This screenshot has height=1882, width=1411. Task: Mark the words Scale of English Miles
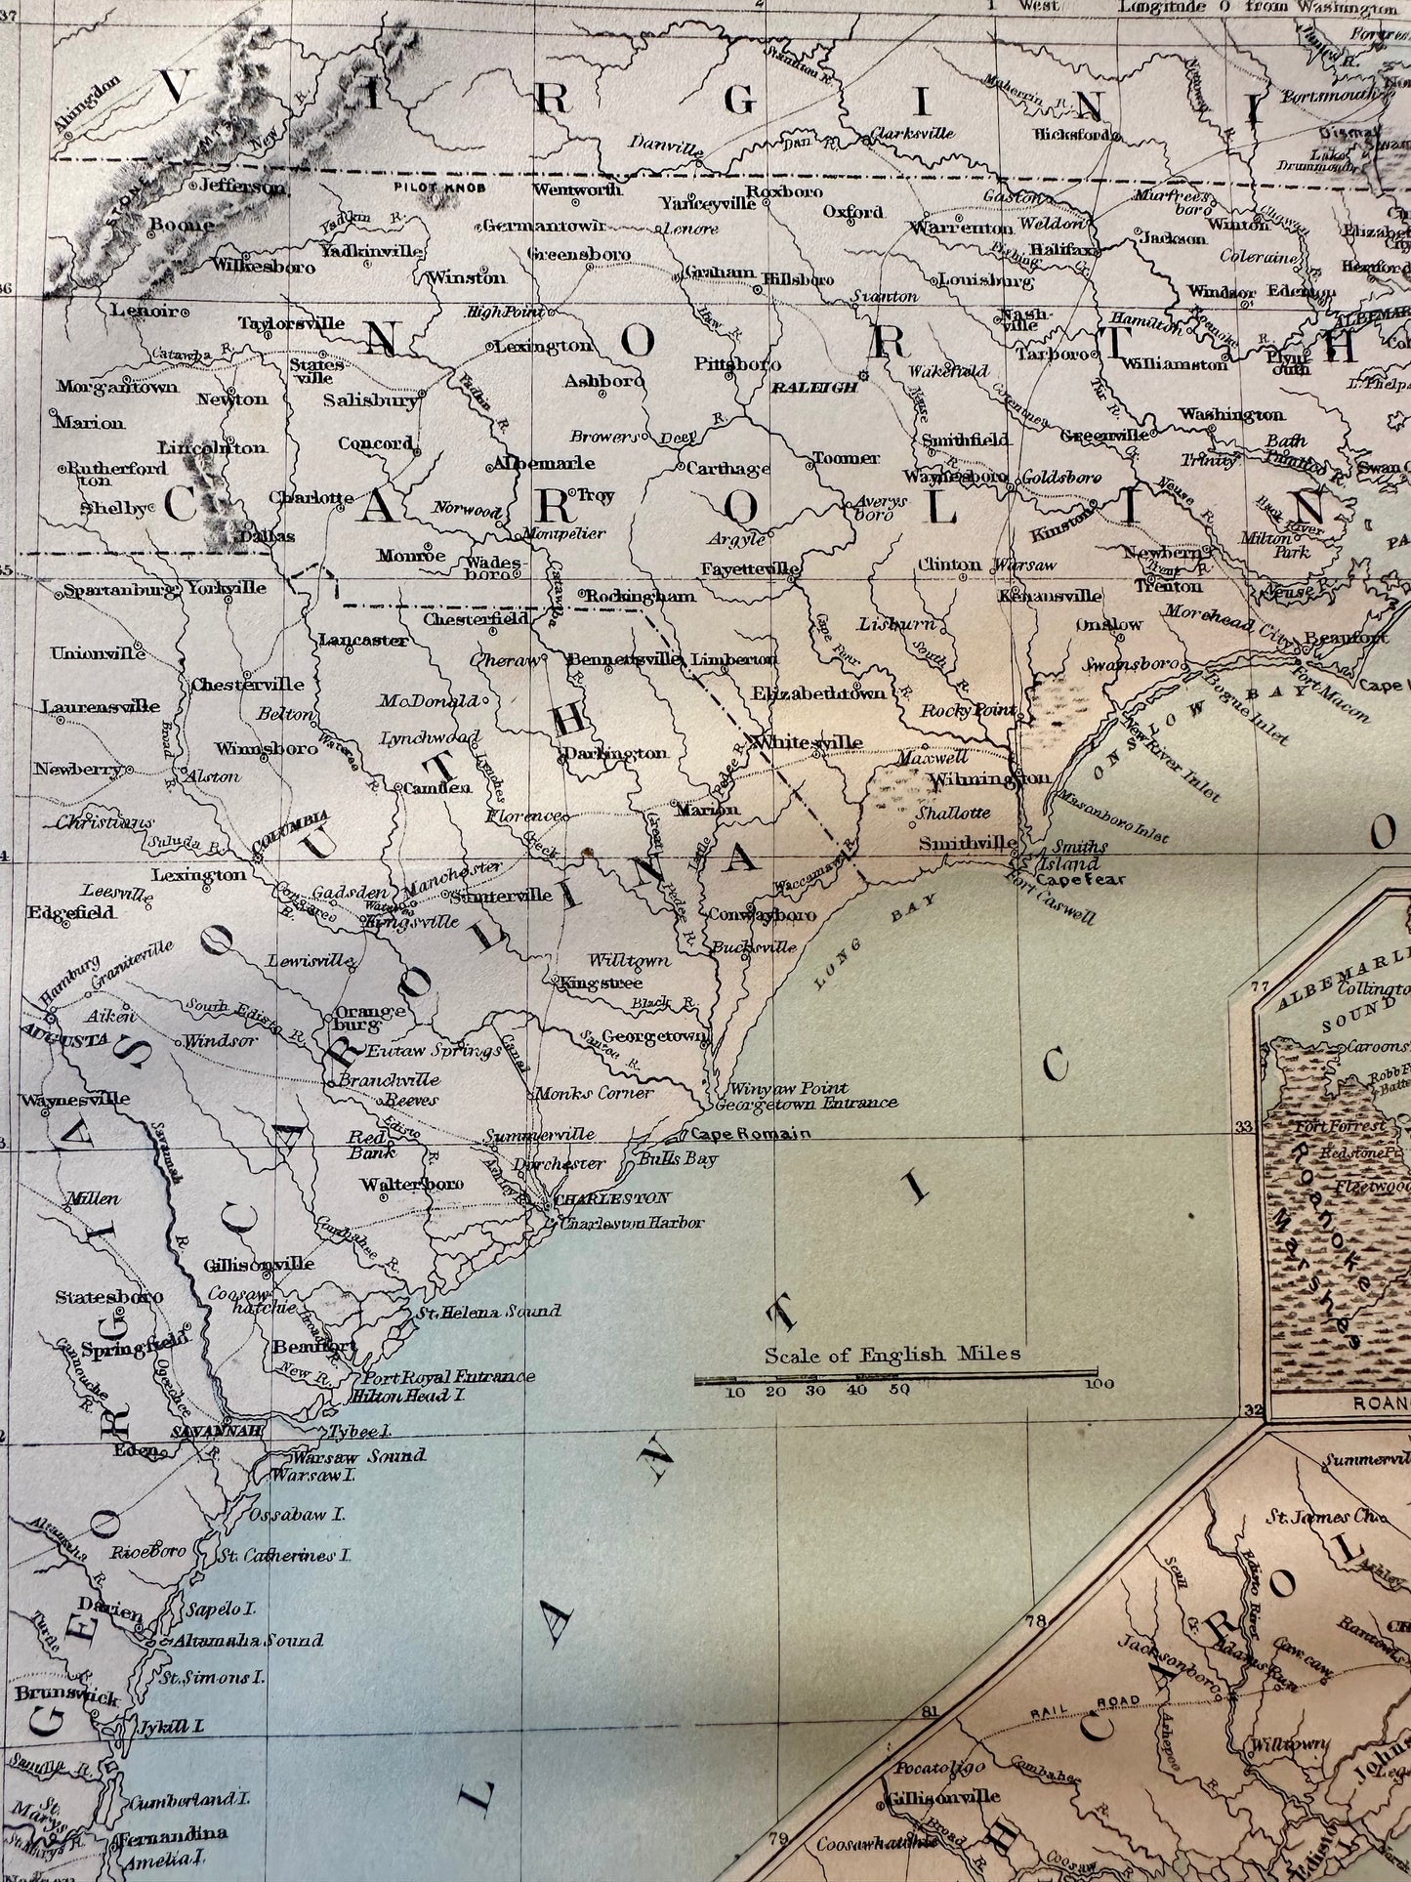[892, 1354]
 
